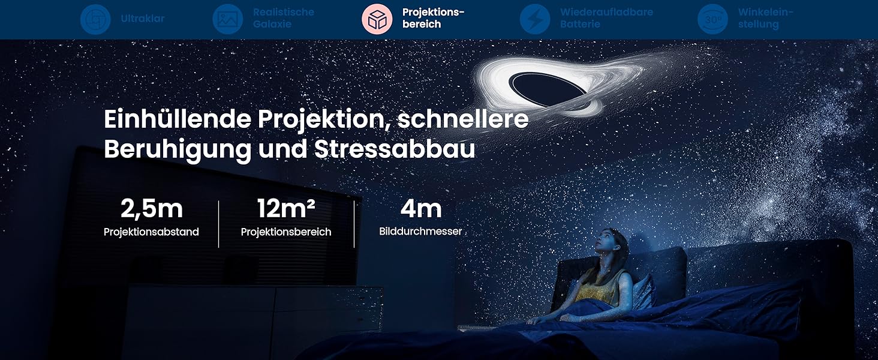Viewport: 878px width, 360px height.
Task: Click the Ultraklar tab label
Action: [x=142, y=19]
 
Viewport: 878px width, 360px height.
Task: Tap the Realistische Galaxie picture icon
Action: [x=227, y=19]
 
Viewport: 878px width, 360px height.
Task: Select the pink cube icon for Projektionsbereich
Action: [x=377, y=19]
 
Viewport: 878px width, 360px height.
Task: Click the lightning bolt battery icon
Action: [x=534, y=19]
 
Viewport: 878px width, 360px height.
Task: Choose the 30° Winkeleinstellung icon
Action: [x=712, y=19]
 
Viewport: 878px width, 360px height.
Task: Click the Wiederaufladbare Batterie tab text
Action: [x=606, y=19]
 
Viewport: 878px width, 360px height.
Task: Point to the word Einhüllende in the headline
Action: [x=178, y=119]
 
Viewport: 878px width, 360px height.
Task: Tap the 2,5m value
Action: [x=151, y=209]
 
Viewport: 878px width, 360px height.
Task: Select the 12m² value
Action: [x=286, y=209]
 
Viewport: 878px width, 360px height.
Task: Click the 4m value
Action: [x=421, y=209]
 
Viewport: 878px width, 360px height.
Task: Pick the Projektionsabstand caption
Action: [x=151, y=232]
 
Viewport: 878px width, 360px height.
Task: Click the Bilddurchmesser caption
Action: [x=420, y=231]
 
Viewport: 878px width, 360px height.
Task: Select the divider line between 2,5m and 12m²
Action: [x=218, y=224]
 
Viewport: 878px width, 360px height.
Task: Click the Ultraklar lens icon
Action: [x=96, y=19]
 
